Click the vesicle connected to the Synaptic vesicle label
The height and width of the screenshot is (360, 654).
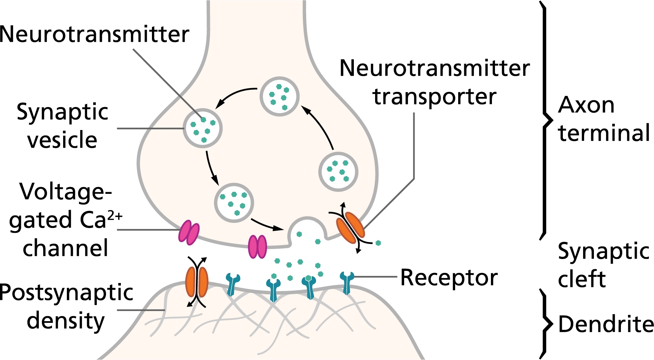[203, 128]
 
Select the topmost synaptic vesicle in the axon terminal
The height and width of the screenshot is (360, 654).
[279, 97]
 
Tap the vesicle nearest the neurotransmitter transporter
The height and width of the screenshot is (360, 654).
[338, 172]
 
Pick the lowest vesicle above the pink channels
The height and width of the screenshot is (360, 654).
[234, 203]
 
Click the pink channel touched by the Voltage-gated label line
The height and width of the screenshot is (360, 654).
[189, 233]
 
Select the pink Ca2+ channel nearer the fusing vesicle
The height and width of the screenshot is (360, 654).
[257, 247]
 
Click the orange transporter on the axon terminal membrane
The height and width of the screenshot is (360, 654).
[350, 227]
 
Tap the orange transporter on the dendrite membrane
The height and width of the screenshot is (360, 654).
[197, 282]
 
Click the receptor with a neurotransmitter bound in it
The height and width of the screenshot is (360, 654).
[309, 287]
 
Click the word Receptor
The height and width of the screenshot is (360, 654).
[449, 278]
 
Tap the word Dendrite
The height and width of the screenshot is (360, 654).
[606, 324]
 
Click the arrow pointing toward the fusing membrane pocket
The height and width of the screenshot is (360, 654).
[267, 225]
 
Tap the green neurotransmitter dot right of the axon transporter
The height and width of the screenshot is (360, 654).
[378, 242]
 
